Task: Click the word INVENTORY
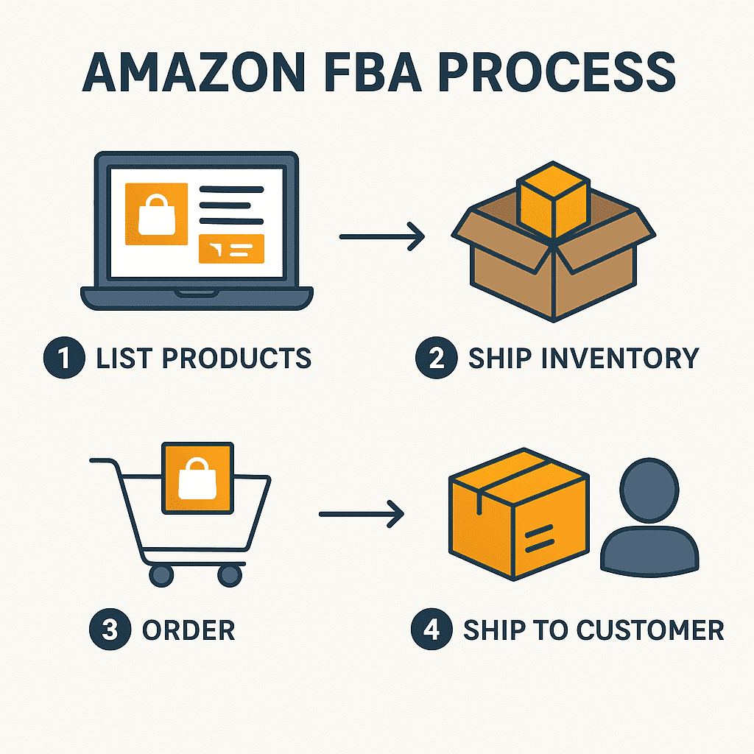[615, 359]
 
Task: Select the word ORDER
[188, 631]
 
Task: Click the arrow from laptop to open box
[381, 237]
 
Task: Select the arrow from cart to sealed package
[362, 514]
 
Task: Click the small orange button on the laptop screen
[231, 249]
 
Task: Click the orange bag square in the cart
[197, 479]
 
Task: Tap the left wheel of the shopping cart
[162, 574]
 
